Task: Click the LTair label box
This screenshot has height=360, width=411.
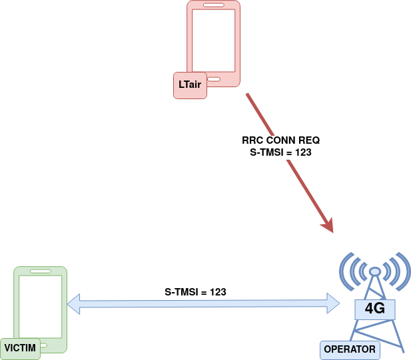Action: coord(190,85)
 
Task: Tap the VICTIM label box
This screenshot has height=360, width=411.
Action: coord(20,348)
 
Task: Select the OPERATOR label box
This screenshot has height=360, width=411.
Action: coord(349,349)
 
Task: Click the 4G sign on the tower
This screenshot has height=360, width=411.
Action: coord(374,308)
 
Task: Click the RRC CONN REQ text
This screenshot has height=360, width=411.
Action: coord(280,140)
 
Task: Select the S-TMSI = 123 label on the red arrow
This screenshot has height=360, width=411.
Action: coord(280,152)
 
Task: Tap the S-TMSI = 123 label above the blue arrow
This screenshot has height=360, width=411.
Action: coord(195,292)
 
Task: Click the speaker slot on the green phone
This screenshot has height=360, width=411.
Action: coord(40,272)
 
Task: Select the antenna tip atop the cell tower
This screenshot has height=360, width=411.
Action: coord(374,271)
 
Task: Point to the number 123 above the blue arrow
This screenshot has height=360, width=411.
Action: coord(218,292)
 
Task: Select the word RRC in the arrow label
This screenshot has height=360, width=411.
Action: coord(252,140)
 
